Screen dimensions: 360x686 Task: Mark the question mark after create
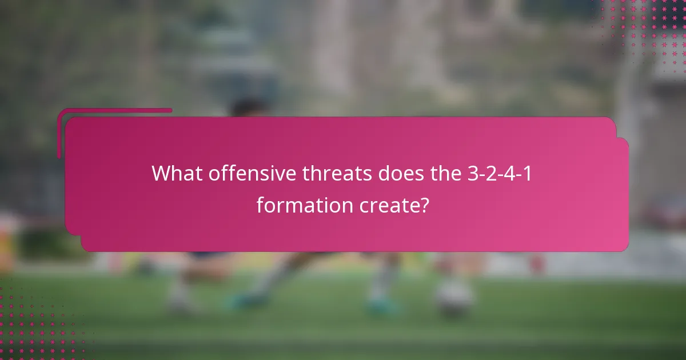tap(424, 205)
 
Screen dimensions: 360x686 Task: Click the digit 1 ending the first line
tap(528, 174)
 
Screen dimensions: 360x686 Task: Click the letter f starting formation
tap(260, 204)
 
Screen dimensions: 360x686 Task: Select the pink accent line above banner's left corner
tap(114, 111)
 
